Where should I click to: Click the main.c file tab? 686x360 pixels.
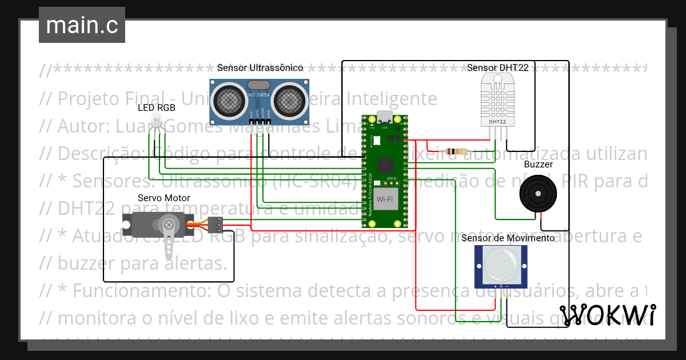[x=82, y=26]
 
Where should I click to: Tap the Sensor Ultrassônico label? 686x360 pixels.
[x=260, y=67]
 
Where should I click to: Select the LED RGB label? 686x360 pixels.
[x=156, y=107]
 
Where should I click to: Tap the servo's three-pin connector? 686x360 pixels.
[x=216, y=226]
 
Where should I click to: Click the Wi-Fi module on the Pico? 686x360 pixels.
[x=384, y=199]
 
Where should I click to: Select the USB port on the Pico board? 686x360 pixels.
[x=385, y=119]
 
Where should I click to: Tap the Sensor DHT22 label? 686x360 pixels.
[x=497, y=67]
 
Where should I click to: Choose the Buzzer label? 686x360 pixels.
[x=538, y=165]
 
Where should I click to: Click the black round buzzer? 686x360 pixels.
[x=537, y=194]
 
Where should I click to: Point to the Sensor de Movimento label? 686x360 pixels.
[x=507, y=238]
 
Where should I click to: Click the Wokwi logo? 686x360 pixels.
[x=608, y=315]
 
